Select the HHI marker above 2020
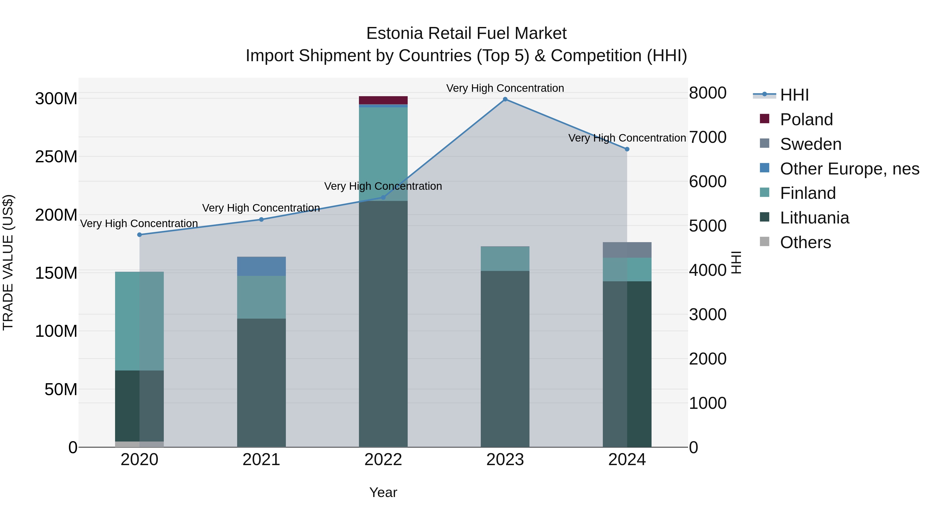pos(139,235)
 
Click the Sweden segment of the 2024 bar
pos(627,250)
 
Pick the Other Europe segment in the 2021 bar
pos(261,266)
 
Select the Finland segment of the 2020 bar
pos(139,321)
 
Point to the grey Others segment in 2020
pos(139,444)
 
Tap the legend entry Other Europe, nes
pos(849,169)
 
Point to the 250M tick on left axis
pos(56,157)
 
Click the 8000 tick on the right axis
pos(707,93)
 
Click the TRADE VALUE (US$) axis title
pos(8,262)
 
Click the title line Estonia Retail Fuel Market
pos(466,33)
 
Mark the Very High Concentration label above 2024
pos(627,138)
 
